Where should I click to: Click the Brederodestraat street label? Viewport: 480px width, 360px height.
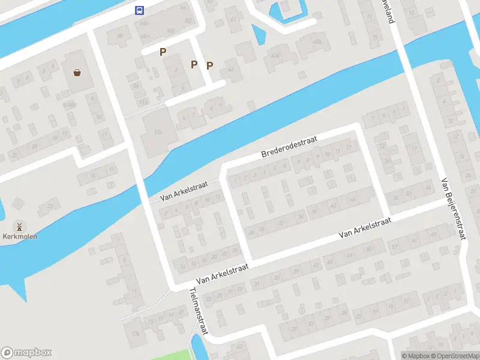pyautogui.click(x=289, y=146)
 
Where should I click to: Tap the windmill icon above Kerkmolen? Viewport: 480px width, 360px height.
pyautogui.click(x=19, y=227)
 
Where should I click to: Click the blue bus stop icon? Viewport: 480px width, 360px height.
pyautogui.click(x=139, y=10)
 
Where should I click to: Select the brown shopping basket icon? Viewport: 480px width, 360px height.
pyautogui.click(x=77, y=73)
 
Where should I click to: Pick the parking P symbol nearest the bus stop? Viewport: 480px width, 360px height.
pyautogui.click(x=163, y=52)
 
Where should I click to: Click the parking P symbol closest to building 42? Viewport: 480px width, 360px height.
pyautogui.click(x=209, y=65)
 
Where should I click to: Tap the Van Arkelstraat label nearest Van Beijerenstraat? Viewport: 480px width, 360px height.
pyautogui.click(x=365, y=227)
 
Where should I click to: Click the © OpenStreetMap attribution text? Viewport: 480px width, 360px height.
pyautogui.click(x=454, y=356)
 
